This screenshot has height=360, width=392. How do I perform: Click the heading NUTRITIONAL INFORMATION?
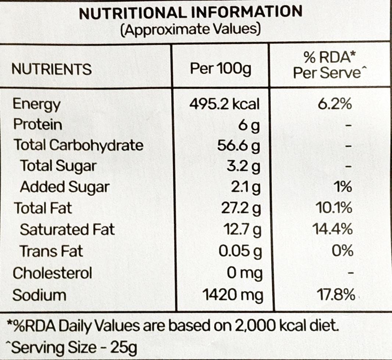tap(190, 13)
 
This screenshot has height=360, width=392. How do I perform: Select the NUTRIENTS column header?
tap(51, 69)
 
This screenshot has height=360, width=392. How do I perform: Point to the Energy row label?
tap(36, 105)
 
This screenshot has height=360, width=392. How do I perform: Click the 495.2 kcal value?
tap(224, 104)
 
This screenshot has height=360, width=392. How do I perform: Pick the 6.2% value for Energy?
tap(335, 104)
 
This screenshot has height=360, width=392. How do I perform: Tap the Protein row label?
tap(38, 125)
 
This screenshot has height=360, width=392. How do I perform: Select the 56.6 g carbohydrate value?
tap(239, 146)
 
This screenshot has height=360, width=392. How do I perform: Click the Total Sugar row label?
tap(58, 166)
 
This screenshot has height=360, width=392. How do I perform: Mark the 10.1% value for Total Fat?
tap(334, 209)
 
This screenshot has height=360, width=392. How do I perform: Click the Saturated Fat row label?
tap(67, 230)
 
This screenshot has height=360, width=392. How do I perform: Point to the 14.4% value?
tap(332, 230)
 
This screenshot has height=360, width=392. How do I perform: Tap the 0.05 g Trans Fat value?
tap(240, 252)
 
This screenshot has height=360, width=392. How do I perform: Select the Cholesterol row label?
tap(52, 273)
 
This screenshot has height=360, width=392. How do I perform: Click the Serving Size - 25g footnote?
tap(72, 347)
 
